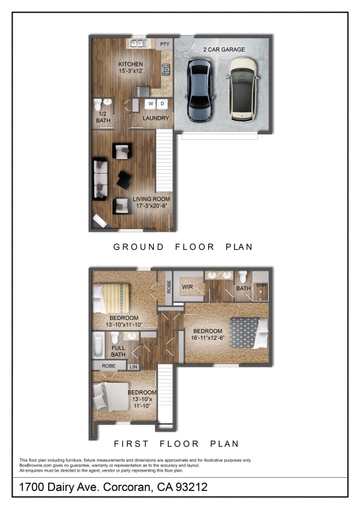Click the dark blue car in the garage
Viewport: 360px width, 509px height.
(x=199, y=89)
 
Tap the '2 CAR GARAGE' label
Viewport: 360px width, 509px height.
(x=224, y=49)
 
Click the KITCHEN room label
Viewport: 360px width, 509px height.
(x=131, y=64)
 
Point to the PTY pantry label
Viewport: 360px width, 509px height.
(x=165, y=44)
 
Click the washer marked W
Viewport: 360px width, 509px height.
(x=151, y=103)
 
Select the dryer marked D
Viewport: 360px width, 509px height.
(x=162, y=103)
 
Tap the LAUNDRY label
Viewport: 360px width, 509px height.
(x=156, y=118)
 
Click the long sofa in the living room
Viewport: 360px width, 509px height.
(x=99, y=179)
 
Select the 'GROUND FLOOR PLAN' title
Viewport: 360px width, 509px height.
(x=182, y=247)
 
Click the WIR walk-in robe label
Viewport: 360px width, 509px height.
(x=186, y=287)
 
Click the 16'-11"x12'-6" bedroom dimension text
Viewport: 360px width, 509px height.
(x=207, y=338)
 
